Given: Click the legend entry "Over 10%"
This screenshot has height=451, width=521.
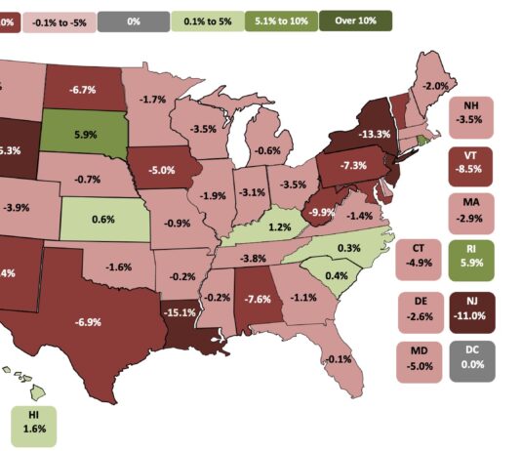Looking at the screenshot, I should coord(360,20).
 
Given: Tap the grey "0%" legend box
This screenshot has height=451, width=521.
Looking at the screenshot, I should coord(133,20).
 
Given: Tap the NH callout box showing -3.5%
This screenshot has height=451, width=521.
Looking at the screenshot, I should coord(471,113).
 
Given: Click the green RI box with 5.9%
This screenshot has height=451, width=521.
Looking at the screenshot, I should coord(471,258).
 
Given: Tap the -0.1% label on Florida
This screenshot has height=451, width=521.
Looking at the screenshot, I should coord(340,359).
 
